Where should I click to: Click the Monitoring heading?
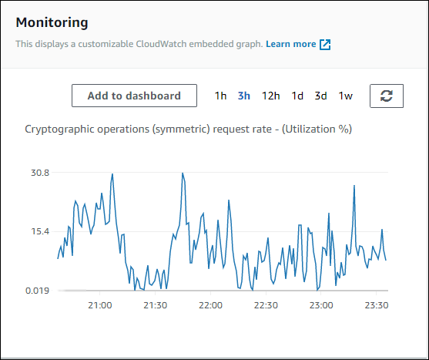[x=52, y=23]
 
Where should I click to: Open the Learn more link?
[x=290, y=45]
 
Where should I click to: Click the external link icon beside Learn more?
[x=325, y=45]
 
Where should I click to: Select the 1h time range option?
[x=220, y=96]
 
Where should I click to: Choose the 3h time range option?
[x=243, y=96]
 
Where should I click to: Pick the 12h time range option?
[x=270, y=96]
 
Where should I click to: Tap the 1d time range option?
[x=297, y=96]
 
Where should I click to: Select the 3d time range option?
[x=320, y=96]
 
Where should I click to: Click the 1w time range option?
[x=346, y=96]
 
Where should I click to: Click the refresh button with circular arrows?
[x=387, y=96]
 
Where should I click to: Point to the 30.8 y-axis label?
[x=40, y=173]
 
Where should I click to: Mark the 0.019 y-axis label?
[x=36, y=291]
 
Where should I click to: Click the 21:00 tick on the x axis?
[x=100, y=305]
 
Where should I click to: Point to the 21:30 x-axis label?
[x=156, y=305]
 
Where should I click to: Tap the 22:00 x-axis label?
[x=210, y=305]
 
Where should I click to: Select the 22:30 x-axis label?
[x=266, y=305]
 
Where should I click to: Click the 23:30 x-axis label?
[x=376, y=305]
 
